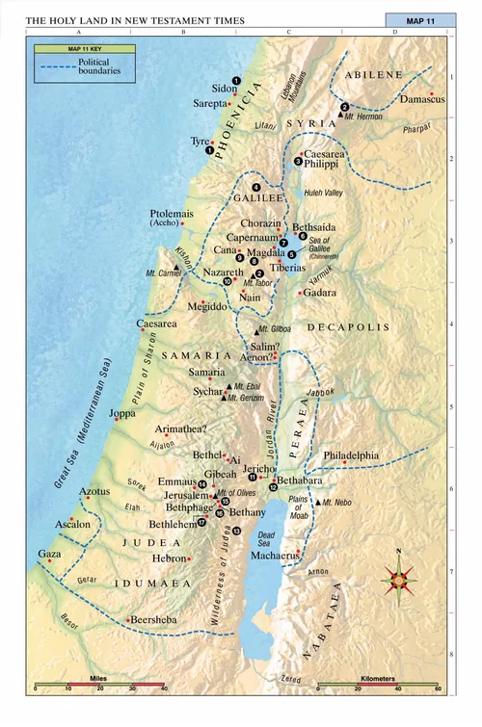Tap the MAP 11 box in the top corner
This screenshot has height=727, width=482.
coord(426,20)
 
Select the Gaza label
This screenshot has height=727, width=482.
coord(48,555)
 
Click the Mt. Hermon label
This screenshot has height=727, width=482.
coord(368,115)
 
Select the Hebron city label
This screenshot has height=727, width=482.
coord(168,558)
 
